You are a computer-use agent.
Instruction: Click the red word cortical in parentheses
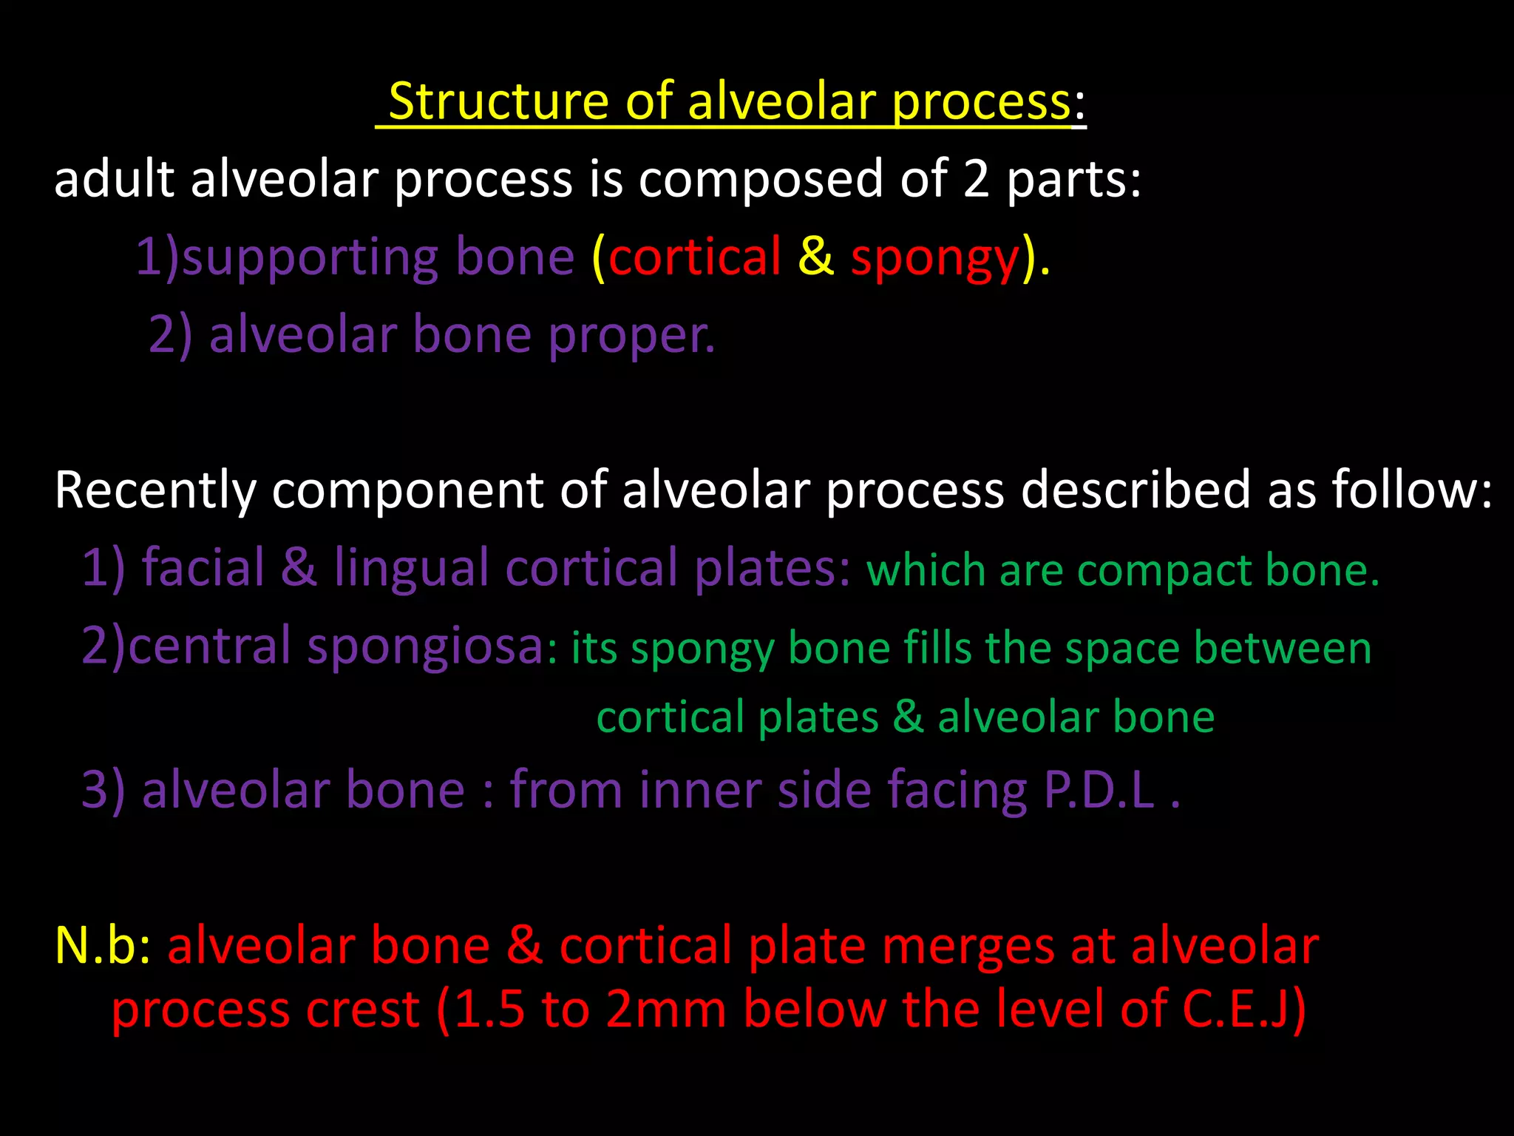click(694, 258)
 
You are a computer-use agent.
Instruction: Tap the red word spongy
click(935, 258)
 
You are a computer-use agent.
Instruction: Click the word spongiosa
click(426, 647)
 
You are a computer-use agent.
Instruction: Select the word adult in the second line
click(114, 180)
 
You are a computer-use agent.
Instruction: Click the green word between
click(1282, 649)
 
